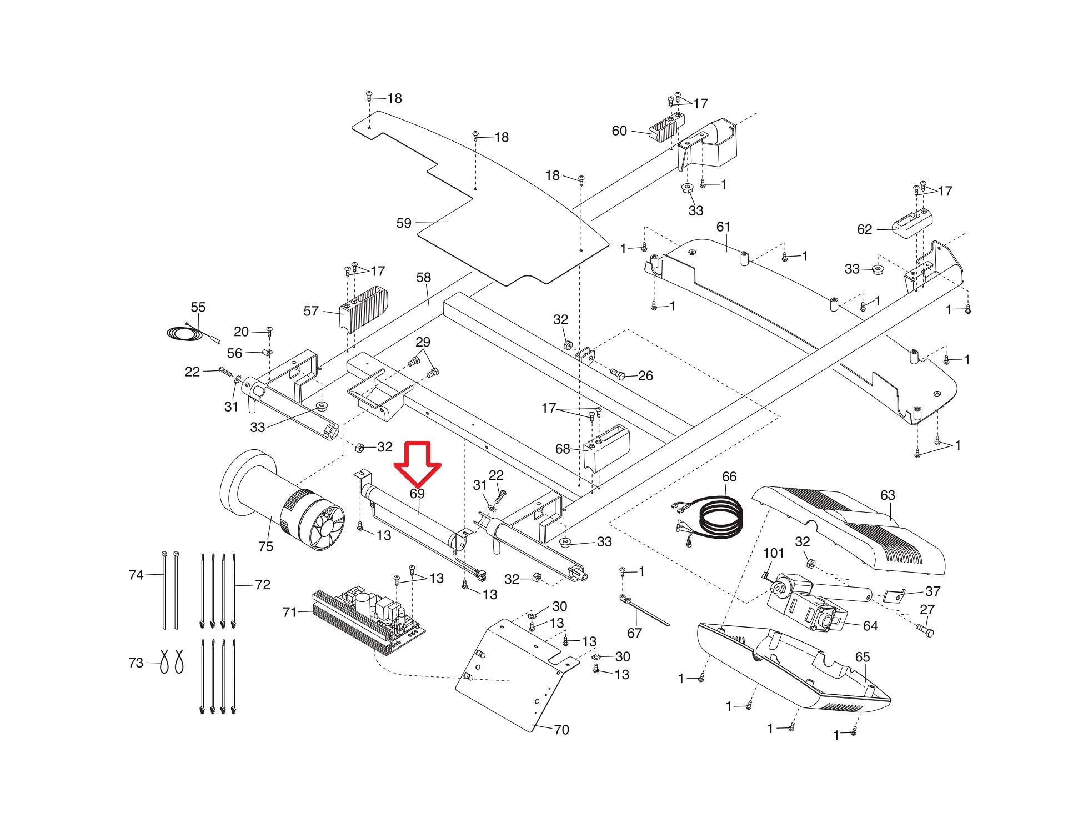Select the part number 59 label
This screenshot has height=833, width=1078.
[x=404, y=223]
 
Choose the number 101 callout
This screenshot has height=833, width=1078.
[x=774, y=553]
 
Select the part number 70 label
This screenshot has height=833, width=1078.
[x=561, y=730]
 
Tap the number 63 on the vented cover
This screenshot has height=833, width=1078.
[x=888, y=495]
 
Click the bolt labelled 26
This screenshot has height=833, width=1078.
[x=618, y=373]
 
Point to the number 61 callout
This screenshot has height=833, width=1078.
[x=723, y=227]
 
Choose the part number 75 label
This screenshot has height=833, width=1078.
[x=266, y=546]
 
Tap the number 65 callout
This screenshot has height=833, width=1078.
[x=863, y=657]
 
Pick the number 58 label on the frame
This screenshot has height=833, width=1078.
[x=423, y=277]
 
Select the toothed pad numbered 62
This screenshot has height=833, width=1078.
[x=912, y=223]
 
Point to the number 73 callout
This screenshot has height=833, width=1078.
[x=136, y=663]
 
